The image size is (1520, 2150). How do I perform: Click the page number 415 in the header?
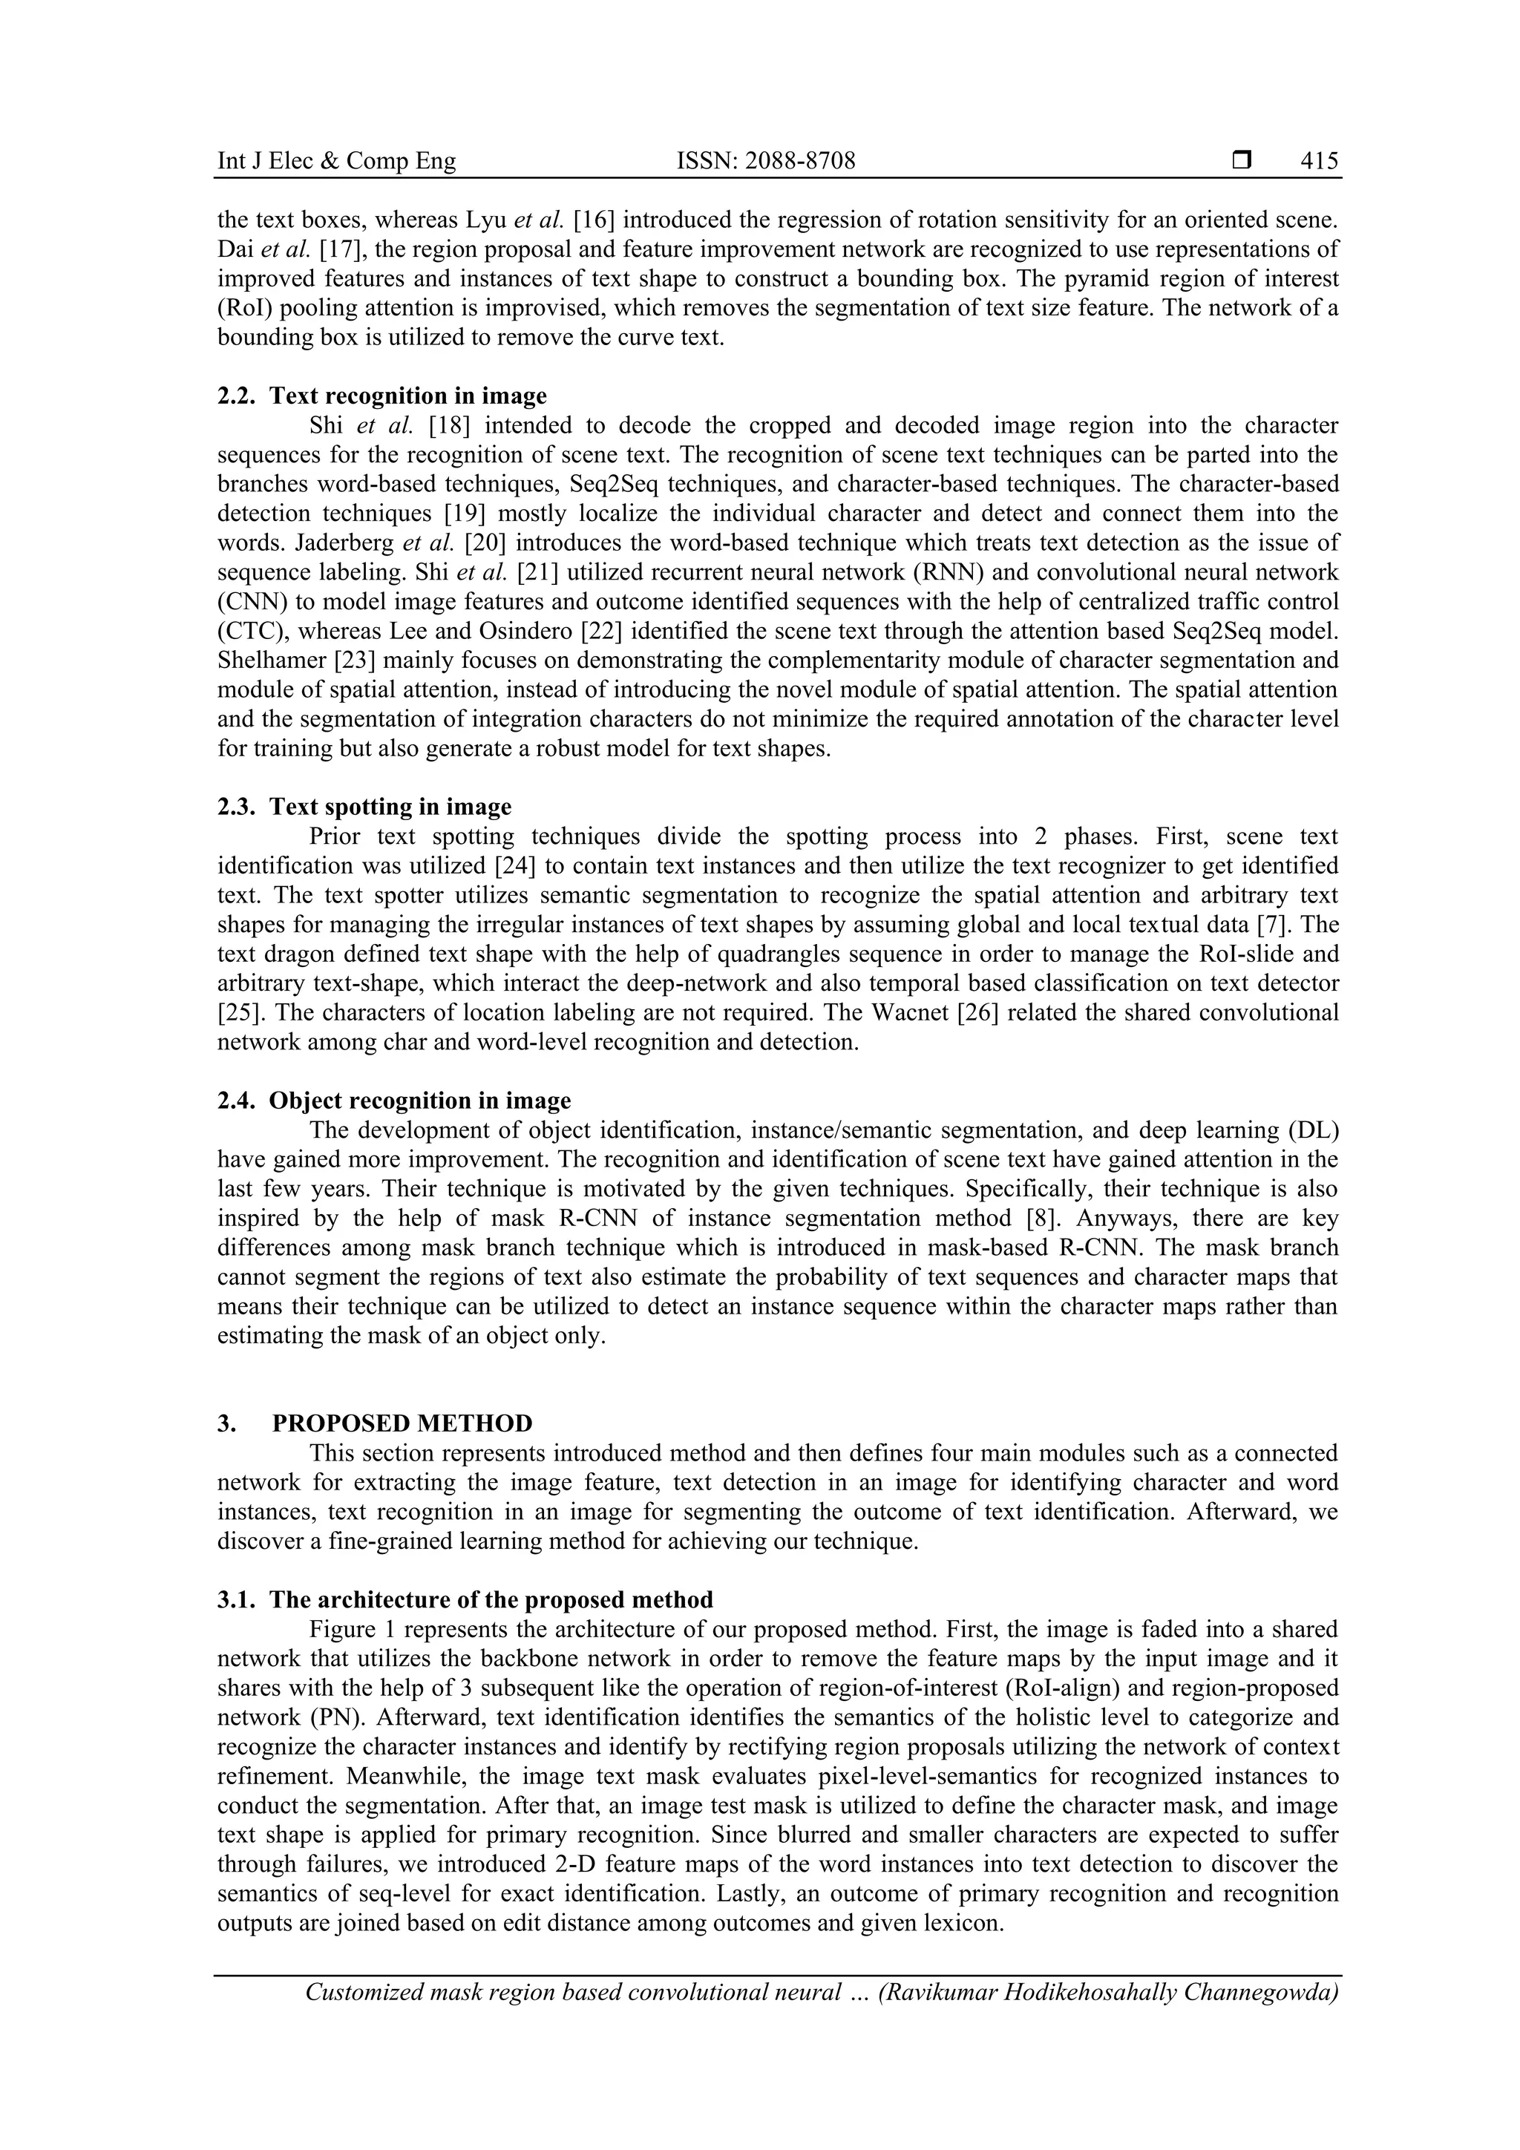click(x=1319, y=161)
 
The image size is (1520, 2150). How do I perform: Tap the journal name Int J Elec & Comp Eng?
click(x=336, y=161)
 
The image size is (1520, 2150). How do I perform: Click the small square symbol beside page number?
click(x=1242, y=161)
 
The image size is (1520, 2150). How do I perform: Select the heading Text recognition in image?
click(x=407, y=396)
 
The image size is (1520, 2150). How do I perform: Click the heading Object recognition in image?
click(x=419, y=1101)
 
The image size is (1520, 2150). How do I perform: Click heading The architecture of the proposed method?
click(x=491, y=1599)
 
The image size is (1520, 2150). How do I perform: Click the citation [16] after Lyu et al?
click(x=594, y=220)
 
